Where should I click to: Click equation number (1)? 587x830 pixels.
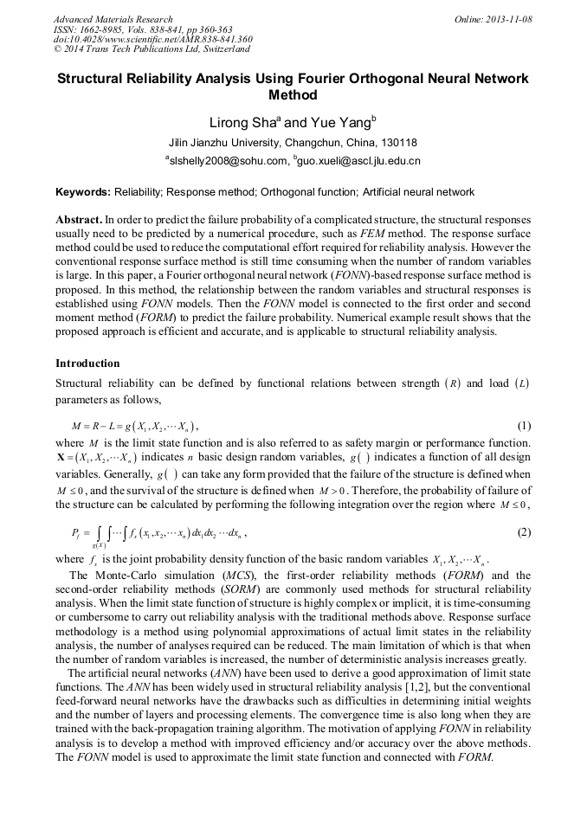[523, 426]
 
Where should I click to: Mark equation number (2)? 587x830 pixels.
[523, 532]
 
